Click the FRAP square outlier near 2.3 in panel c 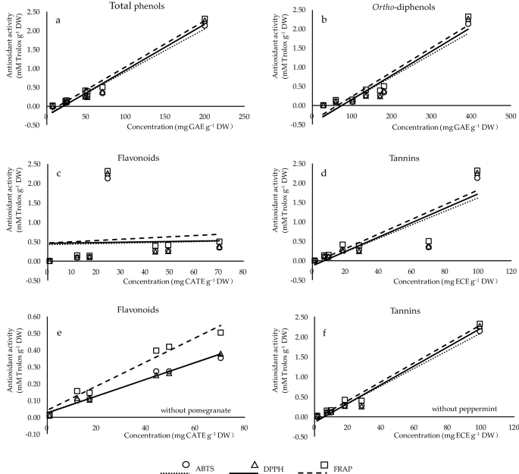pyautogui.click(x=108, y=172)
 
